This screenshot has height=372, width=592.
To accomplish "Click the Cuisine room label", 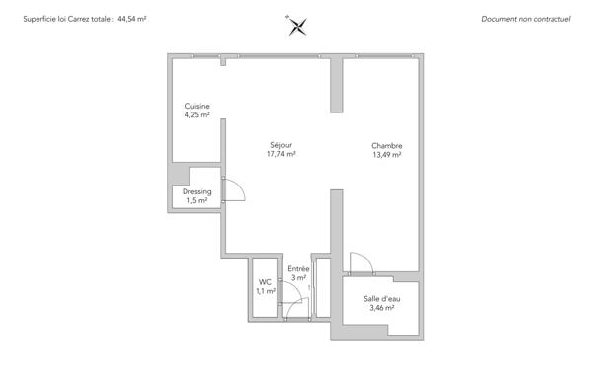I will coord(197,107).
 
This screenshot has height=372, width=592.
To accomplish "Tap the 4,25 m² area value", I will coord(197,115).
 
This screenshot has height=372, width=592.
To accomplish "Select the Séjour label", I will coord(282,145).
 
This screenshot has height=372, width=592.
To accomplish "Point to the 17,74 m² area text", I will coord(282,154).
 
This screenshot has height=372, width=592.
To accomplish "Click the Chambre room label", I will coord(387,145).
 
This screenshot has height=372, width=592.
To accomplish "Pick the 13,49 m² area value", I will coord(387,154).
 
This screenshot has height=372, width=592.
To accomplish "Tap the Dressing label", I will coord(197,192).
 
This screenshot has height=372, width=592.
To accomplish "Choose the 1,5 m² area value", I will coord(197,201).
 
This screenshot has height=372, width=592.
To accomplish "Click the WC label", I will coord(264,282).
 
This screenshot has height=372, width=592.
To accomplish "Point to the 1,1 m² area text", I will coord(264,291).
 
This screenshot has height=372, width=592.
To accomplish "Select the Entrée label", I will coord(298,268).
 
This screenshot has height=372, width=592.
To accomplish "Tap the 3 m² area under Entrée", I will coord(298,278).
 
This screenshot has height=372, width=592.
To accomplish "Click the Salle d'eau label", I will coord(381,299).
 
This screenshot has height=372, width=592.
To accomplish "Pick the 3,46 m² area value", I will coord(381,308).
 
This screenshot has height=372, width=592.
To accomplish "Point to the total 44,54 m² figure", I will coord(131,19).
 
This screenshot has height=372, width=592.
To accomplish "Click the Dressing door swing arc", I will coord(235,191).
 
